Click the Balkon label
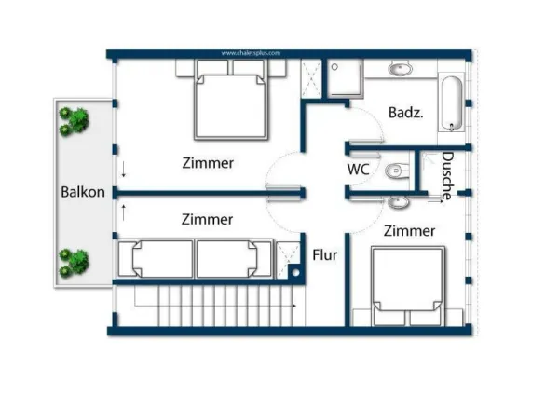click(x=81, y=193)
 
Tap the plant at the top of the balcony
click(x=74, y=121)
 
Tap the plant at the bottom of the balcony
click(x=74, y=262)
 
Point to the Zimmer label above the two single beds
click(x=207, y=220)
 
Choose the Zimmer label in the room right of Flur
click(x=409, y=230)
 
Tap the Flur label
click(x=324, y=254)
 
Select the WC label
click(x=359, y=170)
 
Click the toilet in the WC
click(x=397, y=171)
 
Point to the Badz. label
click(x=406, y=113)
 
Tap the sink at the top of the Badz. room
click(x=402, y=68)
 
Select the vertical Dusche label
click(x=447, y=175)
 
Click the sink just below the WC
click(x=398, y=201)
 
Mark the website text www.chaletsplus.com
click(x=251, y=53)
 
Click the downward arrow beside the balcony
click(x=122, y=171)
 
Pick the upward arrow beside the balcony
click(x=122, y=212)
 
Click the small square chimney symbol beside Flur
click(x=294, y=272)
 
